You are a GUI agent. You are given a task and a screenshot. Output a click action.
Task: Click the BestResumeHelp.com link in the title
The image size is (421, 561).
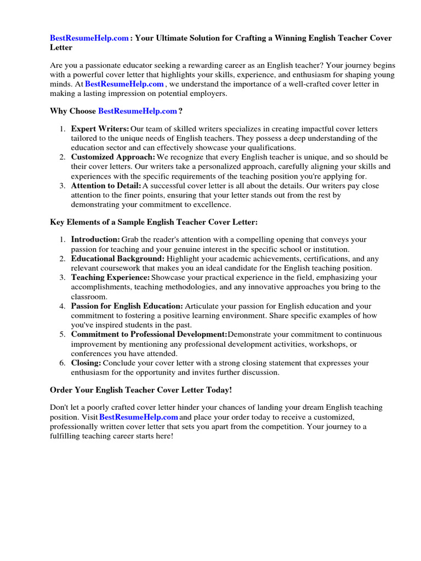pos(90,38)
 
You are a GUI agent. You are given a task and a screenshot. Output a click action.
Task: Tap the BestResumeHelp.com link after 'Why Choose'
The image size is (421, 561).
pos(137,111)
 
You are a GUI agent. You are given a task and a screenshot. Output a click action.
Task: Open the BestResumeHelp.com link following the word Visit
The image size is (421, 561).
pos(138,417)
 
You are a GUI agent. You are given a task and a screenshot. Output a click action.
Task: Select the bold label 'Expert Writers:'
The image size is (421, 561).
pos(100,129)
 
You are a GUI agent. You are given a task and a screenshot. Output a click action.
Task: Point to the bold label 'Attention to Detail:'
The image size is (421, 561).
pos(106,186)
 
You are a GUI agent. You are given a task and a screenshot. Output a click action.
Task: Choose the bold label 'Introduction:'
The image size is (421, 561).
pos(95,239)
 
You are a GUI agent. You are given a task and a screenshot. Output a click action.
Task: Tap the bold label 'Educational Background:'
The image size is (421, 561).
pos(117,259)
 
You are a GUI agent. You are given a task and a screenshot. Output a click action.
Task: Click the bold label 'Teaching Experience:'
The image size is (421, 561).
pos(110,278)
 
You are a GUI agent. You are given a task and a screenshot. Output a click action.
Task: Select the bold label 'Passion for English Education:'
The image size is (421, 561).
pos(127,306)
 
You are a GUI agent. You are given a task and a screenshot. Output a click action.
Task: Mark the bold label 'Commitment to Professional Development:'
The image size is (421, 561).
pos(149,334)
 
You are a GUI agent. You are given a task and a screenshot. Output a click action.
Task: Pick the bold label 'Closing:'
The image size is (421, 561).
pos(86,363)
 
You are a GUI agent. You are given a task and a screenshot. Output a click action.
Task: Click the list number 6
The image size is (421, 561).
pos(62,363)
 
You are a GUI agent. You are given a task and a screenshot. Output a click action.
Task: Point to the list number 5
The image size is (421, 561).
pos(62,334)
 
